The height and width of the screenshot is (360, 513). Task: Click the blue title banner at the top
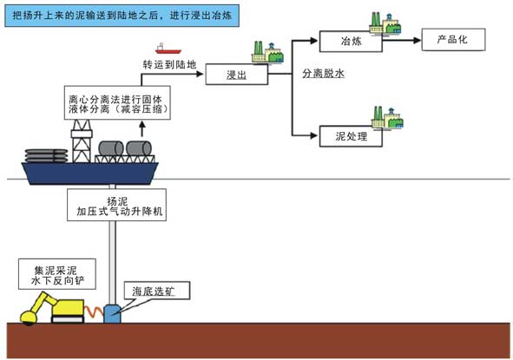[122, 16]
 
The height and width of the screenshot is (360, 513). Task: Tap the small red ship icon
[168, 49]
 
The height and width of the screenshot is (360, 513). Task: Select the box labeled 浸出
[237, 75]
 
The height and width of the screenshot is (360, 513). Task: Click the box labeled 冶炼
[351, 41]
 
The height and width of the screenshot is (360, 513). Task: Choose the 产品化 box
[453, 40]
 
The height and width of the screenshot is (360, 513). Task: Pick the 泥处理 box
[351, 136]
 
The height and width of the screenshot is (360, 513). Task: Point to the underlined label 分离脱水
[323, 74]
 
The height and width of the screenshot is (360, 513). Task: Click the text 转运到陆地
[169, 64]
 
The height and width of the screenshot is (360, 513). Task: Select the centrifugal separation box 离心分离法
[117, 102]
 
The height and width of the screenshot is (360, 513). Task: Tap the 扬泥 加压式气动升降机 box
[117, 205]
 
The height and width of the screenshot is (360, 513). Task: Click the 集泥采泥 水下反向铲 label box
[57, 274]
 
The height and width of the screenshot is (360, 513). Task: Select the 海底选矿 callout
[156, 291]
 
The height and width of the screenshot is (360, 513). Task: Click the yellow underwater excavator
[52, 308]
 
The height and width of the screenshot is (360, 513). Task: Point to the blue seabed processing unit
[112, 314]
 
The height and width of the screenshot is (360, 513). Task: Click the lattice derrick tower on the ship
[82, 141]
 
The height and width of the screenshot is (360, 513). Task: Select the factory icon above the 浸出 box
[267, 52]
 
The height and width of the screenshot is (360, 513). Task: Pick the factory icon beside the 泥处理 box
[387, 117]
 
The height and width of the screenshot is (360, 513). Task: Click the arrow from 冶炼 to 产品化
[402, 40]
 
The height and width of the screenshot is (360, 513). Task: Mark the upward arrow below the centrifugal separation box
[142, 128]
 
